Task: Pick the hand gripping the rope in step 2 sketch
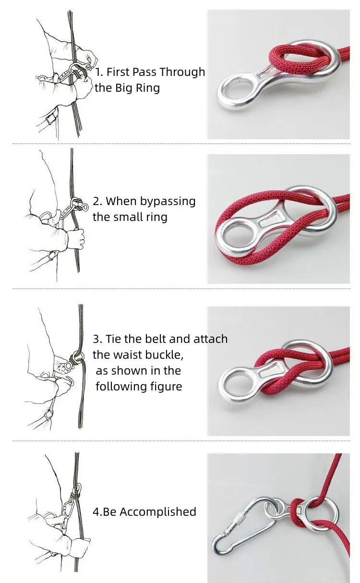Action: [x=75, y=238]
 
